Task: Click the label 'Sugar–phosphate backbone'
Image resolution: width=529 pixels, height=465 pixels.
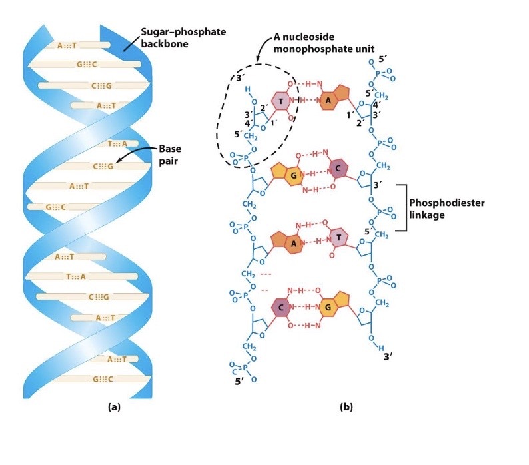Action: pos(170,38)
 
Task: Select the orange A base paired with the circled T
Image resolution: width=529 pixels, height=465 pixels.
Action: pos(328,100)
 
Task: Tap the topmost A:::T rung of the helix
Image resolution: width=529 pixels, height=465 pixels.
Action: pos(67,45)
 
